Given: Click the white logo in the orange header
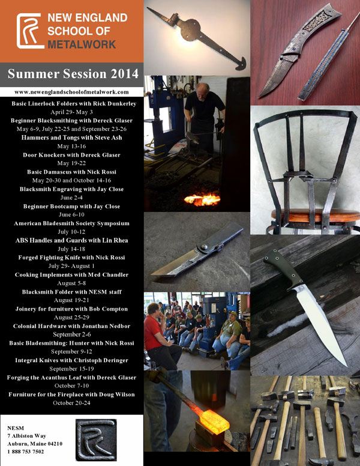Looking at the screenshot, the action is [x=30, y=31].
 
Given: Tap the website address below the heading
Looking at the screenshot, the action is [x=71, y=92].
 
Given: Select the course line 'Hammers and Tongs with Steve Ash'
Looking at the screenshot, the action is [x=71, y=138].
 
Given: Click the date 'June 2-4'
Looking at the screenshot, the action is [x=71, y=198].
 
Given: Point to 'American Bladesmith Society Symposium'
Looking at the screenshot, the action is [x=71, y=223].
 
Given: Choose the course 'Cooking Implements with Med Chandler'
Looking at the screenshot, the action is [x=71, y=275].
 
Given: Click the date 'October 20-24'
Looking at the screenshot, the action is [x=71, y=403].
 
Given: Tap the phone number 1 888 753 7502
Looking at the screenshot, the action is [x=26, y=452].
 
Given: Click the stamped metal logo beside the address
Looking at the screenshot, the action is [x=96, y=440].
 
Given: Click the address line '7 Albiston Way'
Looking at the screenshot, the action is [x=27, y=436].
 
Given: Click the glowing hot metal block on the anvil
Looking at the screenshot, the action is [x=214, y=421].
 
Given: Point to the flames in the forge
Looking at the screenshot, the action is [x=202, y=199].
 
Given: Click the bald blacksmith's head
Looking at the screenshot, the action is [x=203, y=89].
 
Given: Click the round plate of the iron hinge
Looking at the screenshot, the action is [x=190, y=29].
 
